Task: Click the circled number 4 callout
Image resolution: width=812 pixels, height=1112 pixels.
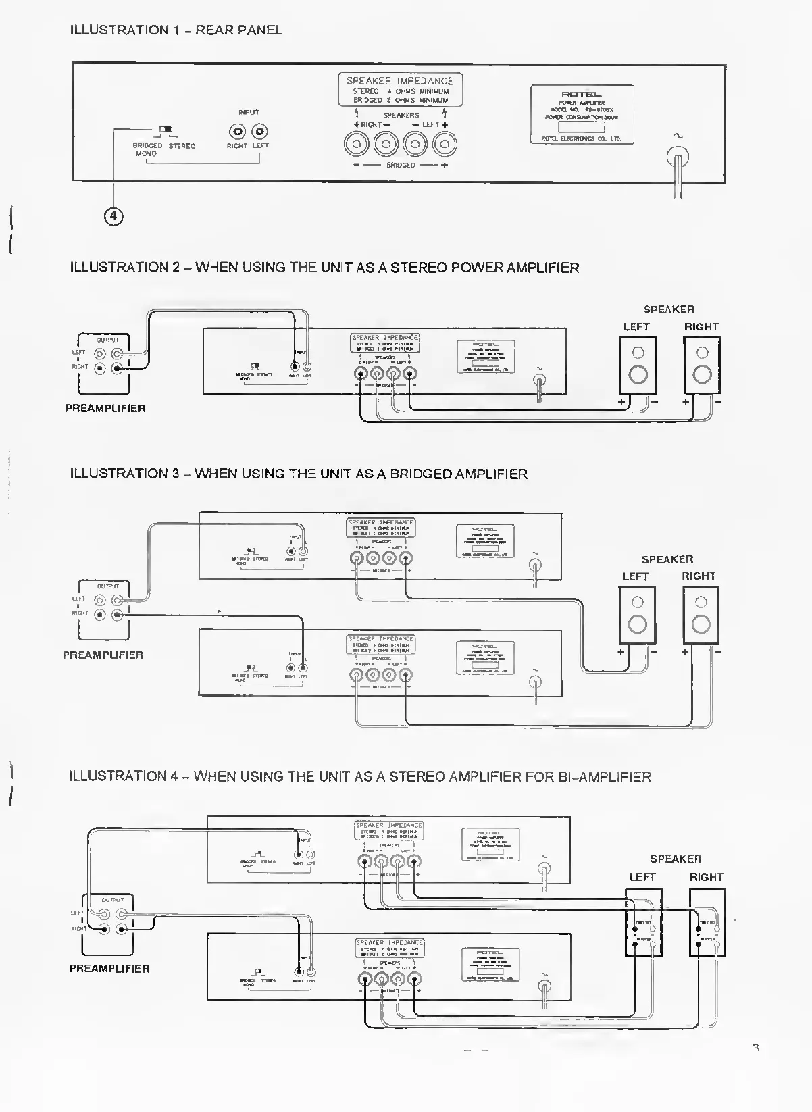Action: (113, 216)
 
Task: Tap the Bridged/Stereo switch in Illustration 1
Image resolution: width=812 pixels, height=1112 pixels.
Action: (165, 130)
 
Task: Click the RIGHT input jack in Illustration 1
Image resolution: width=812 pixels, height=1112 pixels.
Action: (238, 131)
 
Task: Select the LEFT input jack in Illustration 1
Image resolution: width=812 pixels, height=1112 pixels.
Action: (259, 131)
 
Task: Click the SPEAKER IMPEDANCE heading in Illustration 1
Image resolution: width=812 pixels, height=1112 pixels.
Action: (400, 80)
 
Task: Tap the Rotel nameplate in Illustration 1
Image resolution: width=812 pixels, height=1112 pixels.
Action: (582, 114)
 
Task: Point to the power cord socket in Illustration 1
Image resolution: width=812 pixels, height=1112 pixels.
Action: (678, 159)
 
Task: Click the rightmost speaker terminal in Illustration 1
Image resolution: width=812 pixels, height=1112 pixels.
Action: (445, 143)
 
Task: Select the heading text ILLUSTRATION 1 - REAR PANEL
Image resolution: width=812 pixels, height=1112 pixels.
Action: (176, 30)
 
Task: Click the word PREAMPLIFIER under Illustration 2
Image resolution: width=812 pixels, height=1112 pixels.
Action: (105, 409)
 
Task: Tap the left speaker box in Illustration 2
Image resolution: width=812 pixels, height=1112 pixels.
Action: (638, 365)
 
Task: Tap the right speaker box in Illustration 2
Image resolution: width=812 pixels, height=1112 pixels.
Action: (702, 365)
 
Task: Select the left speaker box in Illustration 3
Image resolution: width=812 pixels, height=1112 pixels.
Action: (637, 615)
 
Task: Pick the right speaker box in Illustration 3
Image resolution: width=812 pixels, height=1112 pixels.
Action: (701, 615)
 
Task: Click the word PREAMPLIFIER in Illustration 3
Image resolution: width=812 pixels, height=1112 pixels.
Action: (103, 655)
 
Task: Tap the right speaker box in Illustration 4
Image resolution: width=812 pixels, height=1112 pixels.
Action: (707, 922)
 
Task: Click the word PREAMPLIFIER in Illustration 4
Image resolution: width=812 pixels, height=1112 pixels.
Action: (109, 969)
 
